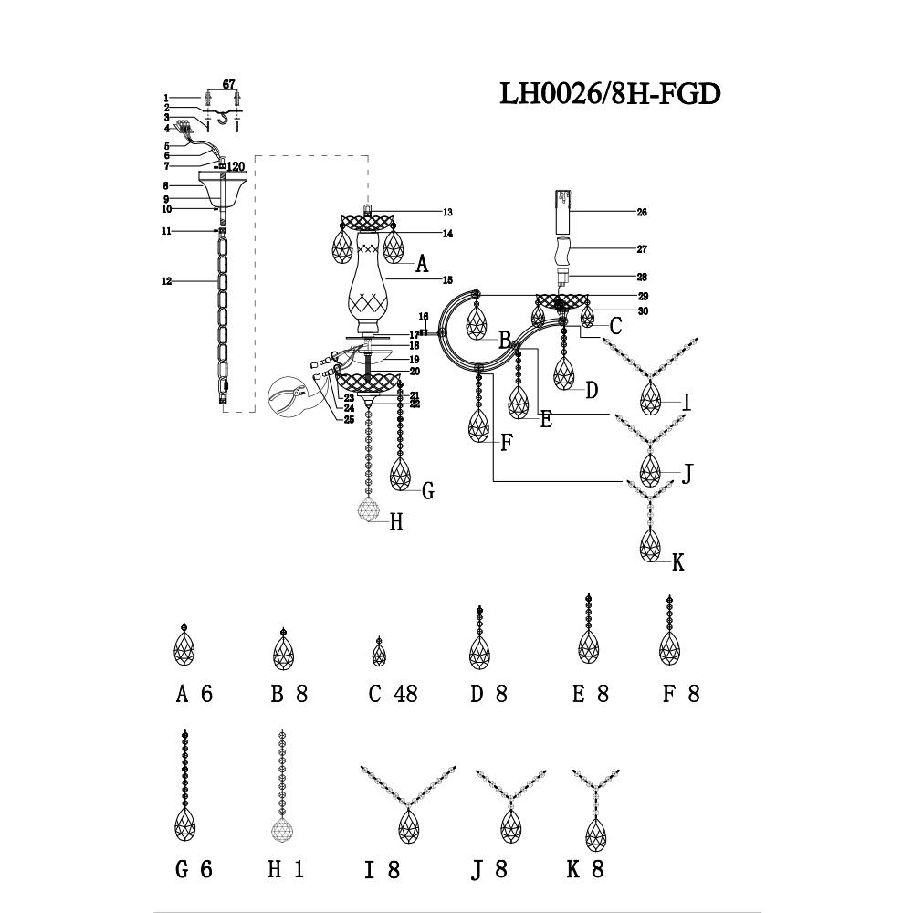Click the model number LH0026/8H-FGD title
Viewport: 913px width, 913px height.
pos(610,93)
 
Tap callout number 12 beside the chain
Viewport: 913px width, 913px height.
pos(166,282)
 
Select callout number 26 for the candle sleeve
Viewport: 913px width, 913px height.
pos(641,212)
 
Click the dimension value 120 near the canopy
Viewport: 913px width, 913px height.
pos(236,166)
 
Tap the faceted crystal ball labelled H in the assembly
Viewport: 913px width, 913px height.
pos(369,510)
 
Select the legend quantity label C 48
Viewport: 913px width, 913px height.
pos(393,694)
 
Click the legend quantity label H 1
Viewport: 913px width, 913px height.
pos(285,869)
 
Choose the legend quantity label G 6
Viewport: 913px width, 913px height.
pos(194,869)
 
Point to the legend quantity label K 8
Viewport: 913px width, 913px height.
pos(585,869)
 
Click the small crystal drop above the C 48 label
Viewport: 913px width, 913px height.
pos(380,652)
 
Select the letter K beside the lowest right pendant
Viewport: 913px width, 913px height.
pos(677,562)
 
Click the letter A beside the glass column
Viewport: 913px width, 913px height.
pos(421,265)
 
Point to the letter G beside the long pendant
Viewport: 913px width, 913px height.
pos(426,491)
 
